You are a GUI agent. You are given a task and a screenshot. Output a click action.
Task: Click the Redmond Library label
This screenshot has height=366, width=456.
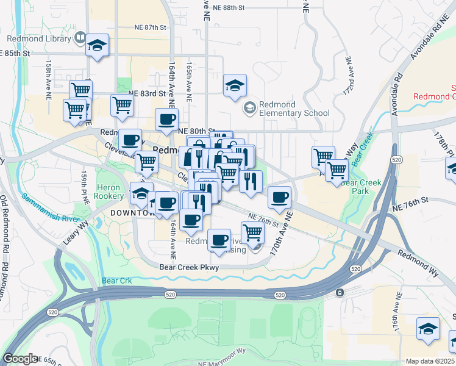click(x=38, y=38)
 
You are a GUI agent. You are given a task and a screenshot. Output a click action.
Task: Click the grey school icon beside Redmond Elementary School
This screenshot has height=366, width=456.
click(x=249, y=108)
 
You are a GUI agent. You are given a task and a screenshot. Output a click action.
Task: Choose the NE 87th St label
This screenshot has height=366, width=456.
click(x=150, y=28)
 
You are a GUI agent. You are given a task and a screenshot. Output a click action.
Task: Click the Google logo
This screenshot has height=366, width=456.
click(x=20, y=359)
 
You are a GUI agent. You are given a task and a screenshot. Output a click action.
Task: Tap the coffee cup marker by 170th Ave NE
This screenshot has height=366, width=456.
click(x=279, y=197)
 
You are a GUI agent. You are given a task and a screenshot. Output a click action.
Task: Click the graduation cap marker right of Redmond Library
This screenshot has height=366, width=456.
click(x=97, y=46)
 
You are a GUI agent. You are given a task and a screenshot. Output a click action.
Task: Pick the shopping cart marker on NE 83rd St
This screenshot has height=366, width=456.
click(x=122, y=104)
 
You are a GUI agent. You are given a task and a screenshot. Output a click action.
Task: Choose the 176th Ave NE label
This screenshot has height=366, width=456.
click(x=396, y=327)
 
